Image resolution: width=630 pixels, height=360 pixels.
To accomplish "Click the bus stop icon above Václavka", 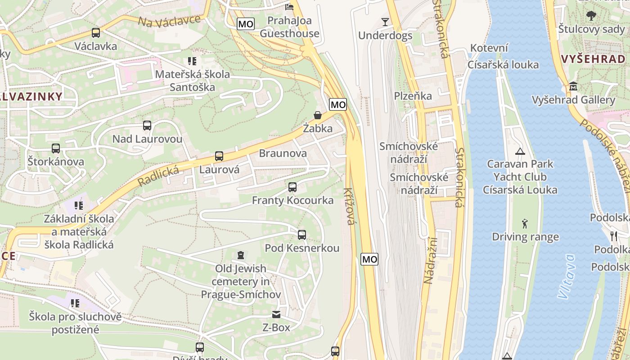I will click(95, 33).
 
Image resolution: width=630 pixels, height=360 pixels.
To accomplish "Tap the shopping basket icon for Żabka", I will click(318, 115).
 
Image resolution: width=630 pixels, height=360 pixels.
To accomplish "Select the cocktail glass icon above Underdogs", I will click(385, 22).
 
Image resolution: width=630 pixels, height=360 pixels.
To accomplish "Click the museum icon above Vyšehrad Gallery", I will click(573, 86).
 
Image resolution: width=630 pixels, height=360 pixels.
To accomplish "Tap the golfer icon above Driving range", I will click(525, 223).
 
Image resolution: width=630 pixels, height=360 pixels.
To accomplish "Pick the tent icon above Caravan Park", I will click(520, 151).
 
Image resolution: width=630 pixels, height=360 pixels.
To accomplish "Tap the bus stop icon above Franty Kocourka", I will click(292, 187).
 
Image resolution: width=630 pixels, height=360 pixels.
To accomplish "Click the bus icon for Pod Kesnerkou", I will click(301, 235).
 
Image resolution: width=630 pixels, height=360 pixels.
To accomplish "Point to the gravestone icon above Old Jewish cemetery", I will click(241, 255).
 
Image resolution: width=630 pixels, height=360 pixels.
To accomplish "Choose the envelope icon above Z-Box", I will click(276, 314).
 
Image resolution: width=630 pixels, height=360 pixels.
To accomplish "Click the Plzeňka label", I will click(413, 95).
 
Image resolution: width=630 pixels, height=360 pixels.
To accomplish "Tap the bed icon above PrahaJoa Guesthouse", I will click(289, 7).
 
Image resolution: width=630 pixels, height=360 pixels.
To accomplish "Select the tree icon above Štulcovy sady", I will click(591, 16).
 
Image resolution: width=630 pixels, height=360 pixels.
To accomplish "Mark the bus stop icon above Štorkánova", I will click(56, 148).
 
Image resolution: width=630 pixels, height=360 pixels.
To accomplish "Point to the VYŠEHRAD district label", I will click(594, 59).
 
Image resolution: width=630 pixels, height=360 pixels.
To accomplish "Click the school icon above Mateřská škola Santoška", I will click(192, 61).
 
